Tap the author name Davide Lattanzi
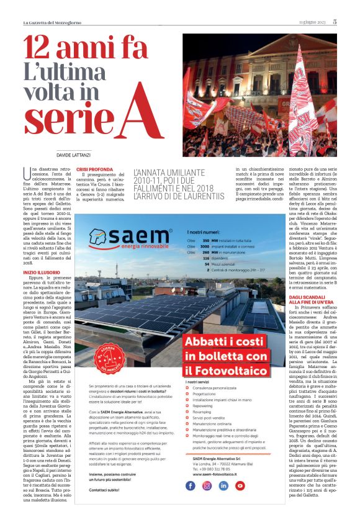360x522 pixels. click(x=73, y=154)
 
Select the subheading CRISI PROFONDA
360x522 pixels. click(x=94, y=169)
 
